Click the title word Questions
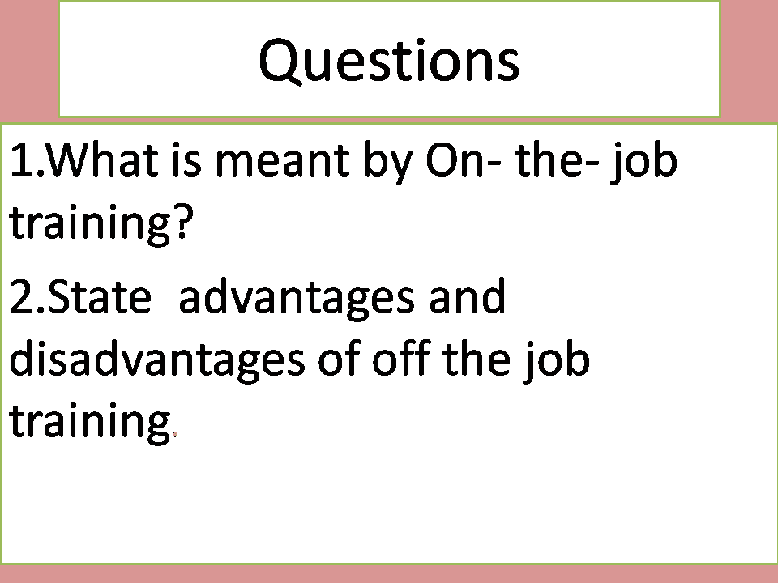coord(389,61)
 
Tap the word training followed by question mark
coord(88,224)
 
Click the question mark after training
coord(184,223)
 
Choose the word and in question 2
coord(467,297)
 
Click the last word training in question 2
coord(88,423)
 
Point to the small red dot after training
coord(175,435)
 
